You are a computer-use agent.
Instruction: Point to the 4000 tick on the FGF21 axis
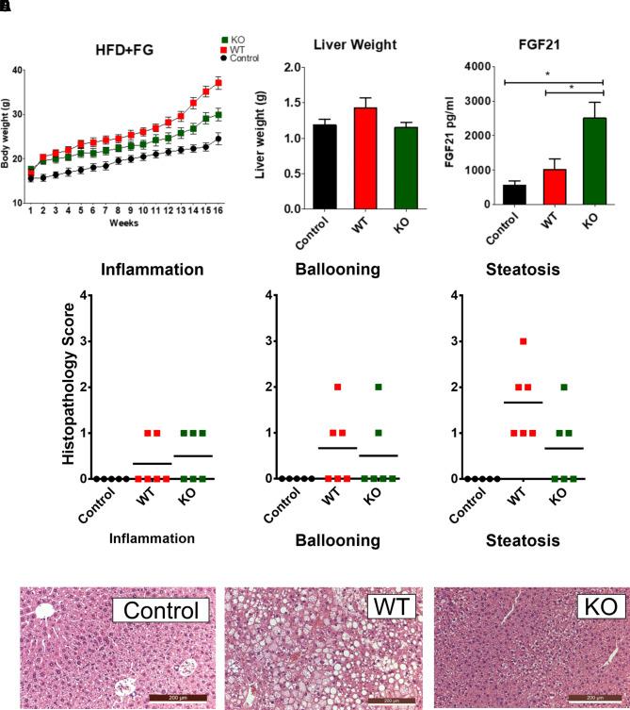click(467, 67)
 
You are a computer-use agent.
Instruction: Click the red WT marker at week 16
click(218, 83)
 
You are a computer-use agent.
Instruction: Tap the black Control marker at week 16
click(218, 139)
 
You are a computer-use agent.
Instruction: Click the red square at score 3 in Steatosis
click(523, 341)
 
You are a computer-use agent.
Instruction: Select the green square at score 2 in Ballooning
click(378, 388)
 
